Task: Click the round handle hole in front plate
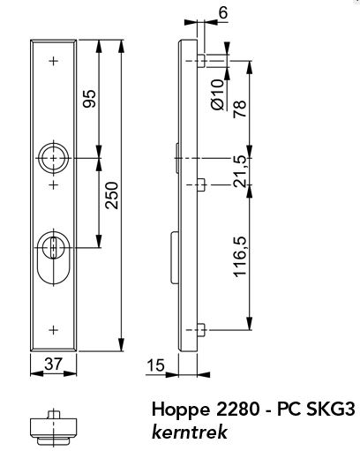tap(54, 157)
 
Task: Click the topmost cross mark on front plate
tap(55, 61)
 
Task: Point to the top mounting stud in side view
tap(202, 60)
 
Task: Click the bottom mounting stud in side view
tap(202, 329)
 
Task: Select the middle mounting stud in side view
tap(202, 184)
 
